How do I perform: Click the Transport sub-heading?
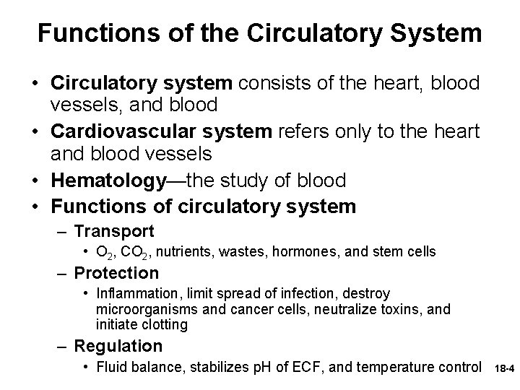tap(114, 231)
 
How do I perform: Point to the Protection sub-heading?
tap(116, 273)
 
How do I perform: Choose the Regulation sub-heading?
tap(118, 346)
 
